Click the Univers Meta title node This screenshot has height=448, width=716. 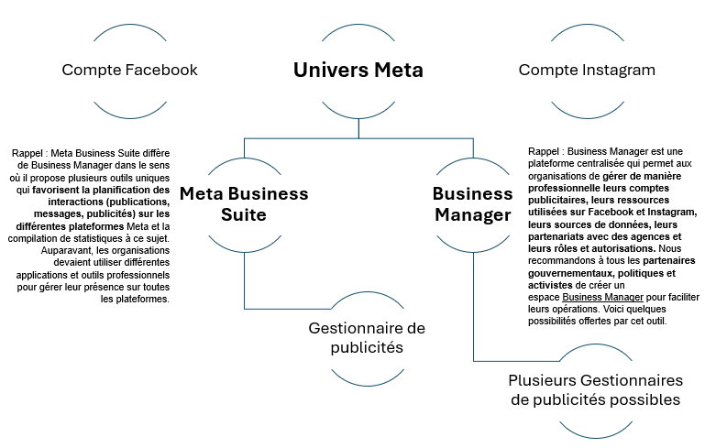tap(358, 71)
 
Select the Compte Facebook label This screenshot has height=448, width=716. tap(129, 71)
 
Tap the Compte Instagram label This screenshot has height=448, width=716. tap(587, 71)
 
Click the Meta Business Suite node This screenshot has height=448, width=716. tap(244, 204)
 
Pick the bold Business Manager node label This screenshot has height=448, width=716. tap(473, 204)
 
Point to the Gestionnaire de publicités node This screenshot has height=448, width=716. tap(367, 337)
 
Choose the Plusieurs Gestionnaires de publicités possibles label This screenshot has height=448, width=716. tap(596, 390)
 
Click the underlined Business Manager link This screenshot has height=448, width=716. tap(602, 297)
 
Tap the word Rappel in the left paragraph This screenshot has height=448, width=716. tap(28, 153)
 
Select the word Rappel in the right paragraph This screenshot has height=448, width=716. tap(544, 151)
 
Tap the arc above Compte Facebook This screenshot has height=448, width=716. tap(130, 25)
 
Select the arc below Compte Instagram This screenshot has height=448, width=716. tap(588, 117)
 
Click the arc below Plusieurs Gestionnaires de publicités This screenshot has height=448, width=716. tap(596, 438)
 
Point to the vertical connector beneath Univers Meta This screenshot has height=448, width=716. tap(358, 128)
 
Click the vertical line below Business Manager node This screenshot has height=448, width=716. tap(473, 307)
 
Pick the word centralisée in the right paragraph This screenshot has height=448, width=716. tap(601, 163)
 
